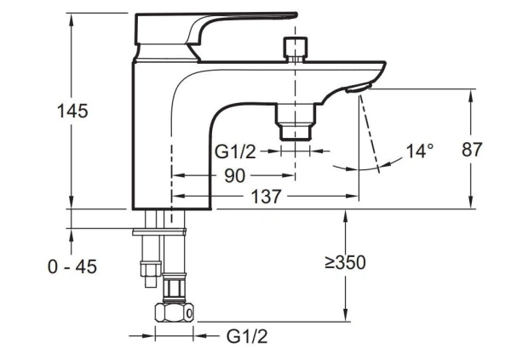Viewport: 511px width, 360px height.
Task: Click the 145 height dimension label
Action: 72,111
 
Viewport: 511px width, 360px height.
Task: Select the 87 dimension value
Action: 472,150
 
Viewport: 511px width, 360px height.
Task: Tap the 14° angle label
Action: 420,151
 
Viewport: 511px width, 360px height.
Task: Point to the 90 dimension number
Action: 234,176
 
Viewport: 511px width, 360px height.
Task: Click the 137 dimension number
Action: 266,197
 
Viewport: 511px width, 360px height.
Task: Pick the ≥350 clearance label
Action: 345,263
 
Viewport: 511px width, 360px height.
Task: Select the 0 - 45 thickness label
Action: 72,267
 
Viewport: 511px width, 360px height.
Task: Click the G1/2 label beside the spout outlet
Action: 235,151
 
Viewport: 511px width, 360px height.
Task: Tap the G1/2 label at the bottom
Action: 247,336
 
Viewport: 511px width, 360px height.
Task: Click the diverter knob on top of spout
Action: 296,49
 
